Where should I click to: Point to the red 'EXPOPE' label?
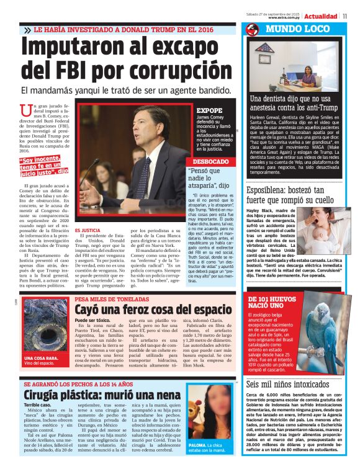coord(209,110)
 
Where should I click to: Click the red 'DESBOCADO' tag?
coord(211,161)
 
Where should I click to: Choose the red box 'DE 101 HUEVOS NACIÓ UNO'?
coord(268,303)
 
